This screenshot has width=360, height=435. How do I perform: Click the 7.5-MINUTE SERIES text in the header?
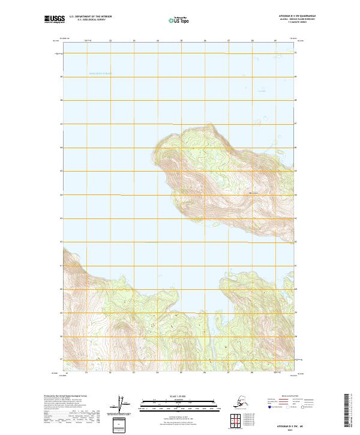290,23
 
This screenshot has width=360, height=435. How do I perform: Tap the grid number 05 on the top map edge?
181,41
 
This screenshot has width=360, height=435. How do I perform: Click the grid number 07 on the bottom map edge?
229,371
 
